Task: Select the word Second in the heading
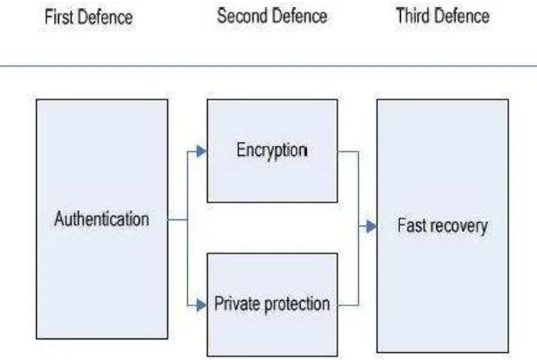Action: point(240,16)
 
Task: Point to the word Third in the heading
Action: point(413,15)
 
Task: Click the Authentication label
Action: point(102,219)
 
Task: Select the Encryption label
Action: point(272,150)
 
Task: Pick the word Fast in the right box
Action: point(411,226)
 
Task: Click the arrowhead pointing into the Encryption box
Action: point(201,151)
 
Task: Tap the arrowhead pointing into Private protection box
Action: point(201,304)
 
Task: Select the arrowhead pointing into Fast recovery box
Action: point(371,227)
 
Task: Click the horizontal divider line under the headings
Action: point(268,65)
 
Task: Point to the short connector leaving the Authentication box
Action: point(177,219)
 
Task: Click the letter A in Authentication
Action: point(60,219)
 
